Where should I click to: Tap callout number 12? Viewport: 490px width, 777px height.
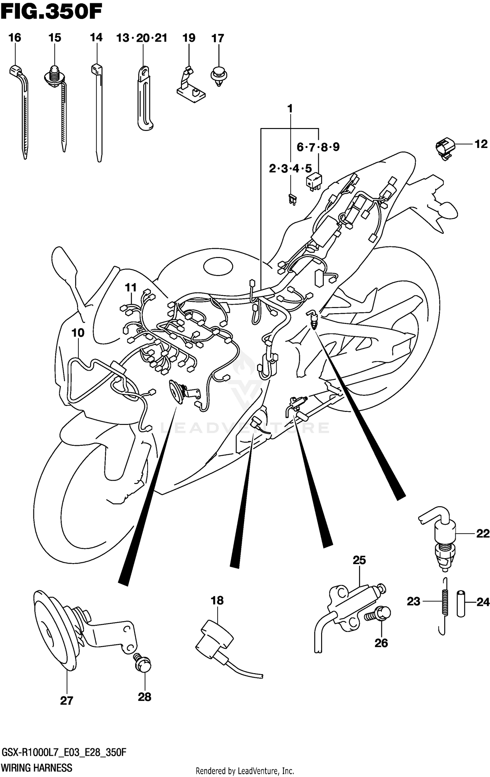point(481,144)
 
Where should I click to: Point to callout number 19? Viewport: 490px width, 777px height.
point(189,38)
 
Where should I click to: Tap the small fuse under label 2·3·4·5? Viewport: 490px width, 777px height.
point(292,199)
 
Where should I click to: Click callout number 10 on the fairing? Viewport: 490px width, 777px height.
point(78,333)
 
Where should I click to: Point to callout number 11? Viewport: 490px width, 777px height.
point(131,288)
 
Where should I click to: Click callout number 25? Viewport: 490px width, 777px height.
point(359,560)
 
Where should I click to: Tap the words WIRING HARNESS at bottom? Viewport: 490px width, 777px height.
point(37,768)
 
